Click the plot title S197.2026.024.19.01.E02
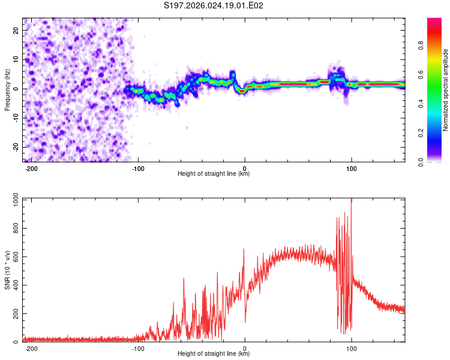(214, 6)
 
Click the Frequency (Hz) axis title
(7, 89)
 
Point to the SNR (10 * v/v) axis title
(7, 269)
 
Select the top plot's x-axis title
(214, 174)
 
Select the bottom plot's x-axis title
(214, 354)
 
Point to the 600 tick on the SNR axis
(15, 256)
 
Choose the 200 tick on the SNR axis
(15, 313)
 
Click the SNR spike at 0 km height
(244, 250)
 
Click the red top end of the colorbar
(434, 21)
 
